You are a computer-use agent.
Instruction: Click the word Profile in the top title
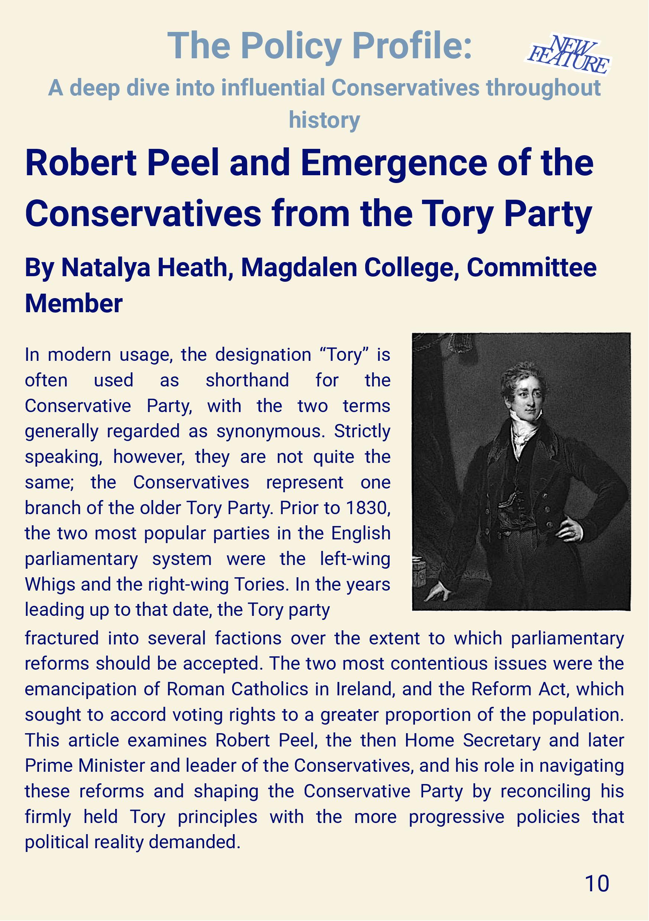[x=407, y=46]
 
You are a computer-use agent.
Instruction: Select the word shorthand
[x=247, y=380]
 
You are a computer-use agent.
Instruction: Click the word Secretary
[x=501, y=741]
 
